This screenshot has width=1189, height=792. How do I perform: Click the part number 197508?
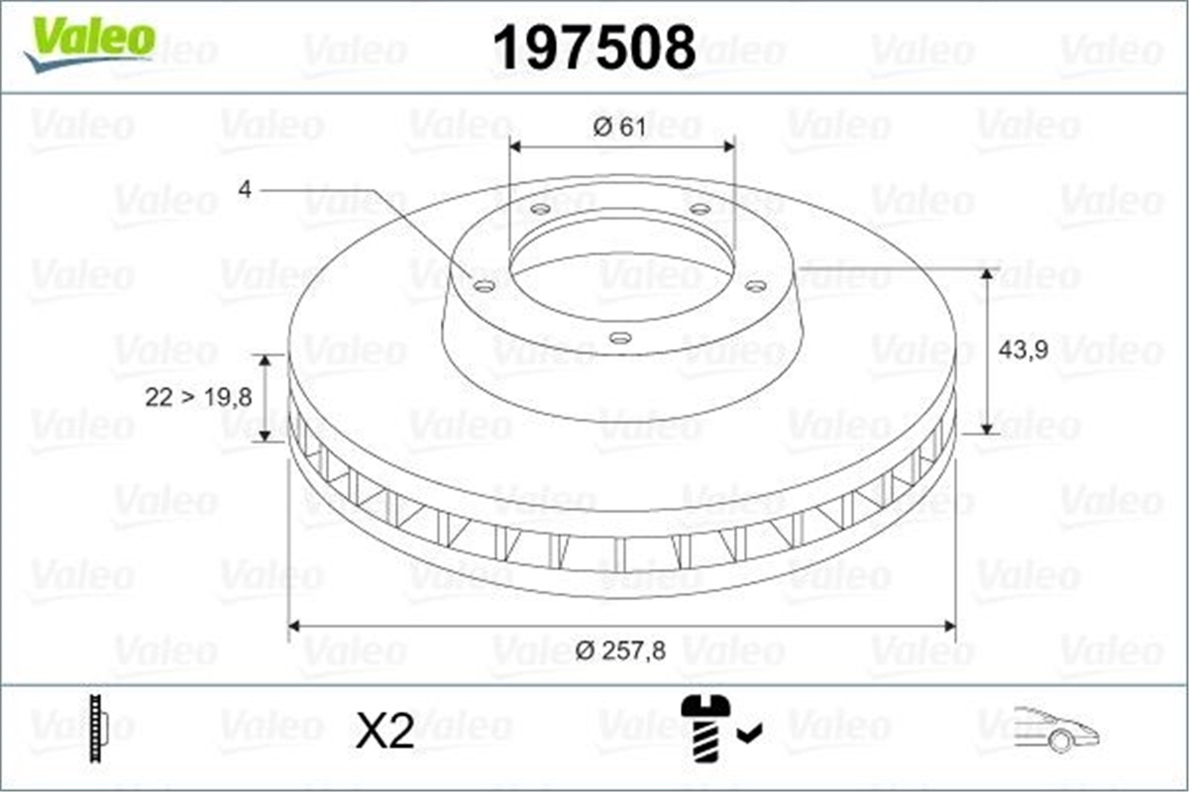click(x=594, y=48)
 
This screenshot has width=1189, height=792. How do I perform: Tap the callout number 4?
click(x=245, y=188)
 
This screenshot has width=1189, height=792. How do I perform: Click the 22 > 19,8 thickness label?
click(x=198, y=397)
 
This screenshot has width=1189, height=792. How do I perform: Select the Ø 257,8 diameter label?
click(x=620, y=649)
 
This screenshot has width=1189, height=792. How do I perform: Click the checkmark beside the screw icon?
click(x=750, y=733)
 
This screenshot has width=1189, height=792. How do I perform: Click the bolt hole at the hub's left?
click(x=485, y=286)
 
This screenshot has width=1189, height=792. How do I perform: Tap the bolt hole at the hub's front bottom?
click(x=620, y=339)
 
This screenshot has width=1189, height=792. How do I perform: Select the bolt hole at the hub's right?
click(x=756, y=286)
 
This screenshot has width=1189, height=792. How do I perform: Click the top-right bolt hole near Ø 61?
click(x=701, y=209)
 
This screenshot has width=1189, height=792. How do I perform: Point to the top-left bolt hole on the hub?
click(x=539, y=210)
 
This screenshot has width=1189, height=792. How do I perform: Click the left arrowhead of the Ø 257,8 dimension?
click(x=293, y=626)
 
